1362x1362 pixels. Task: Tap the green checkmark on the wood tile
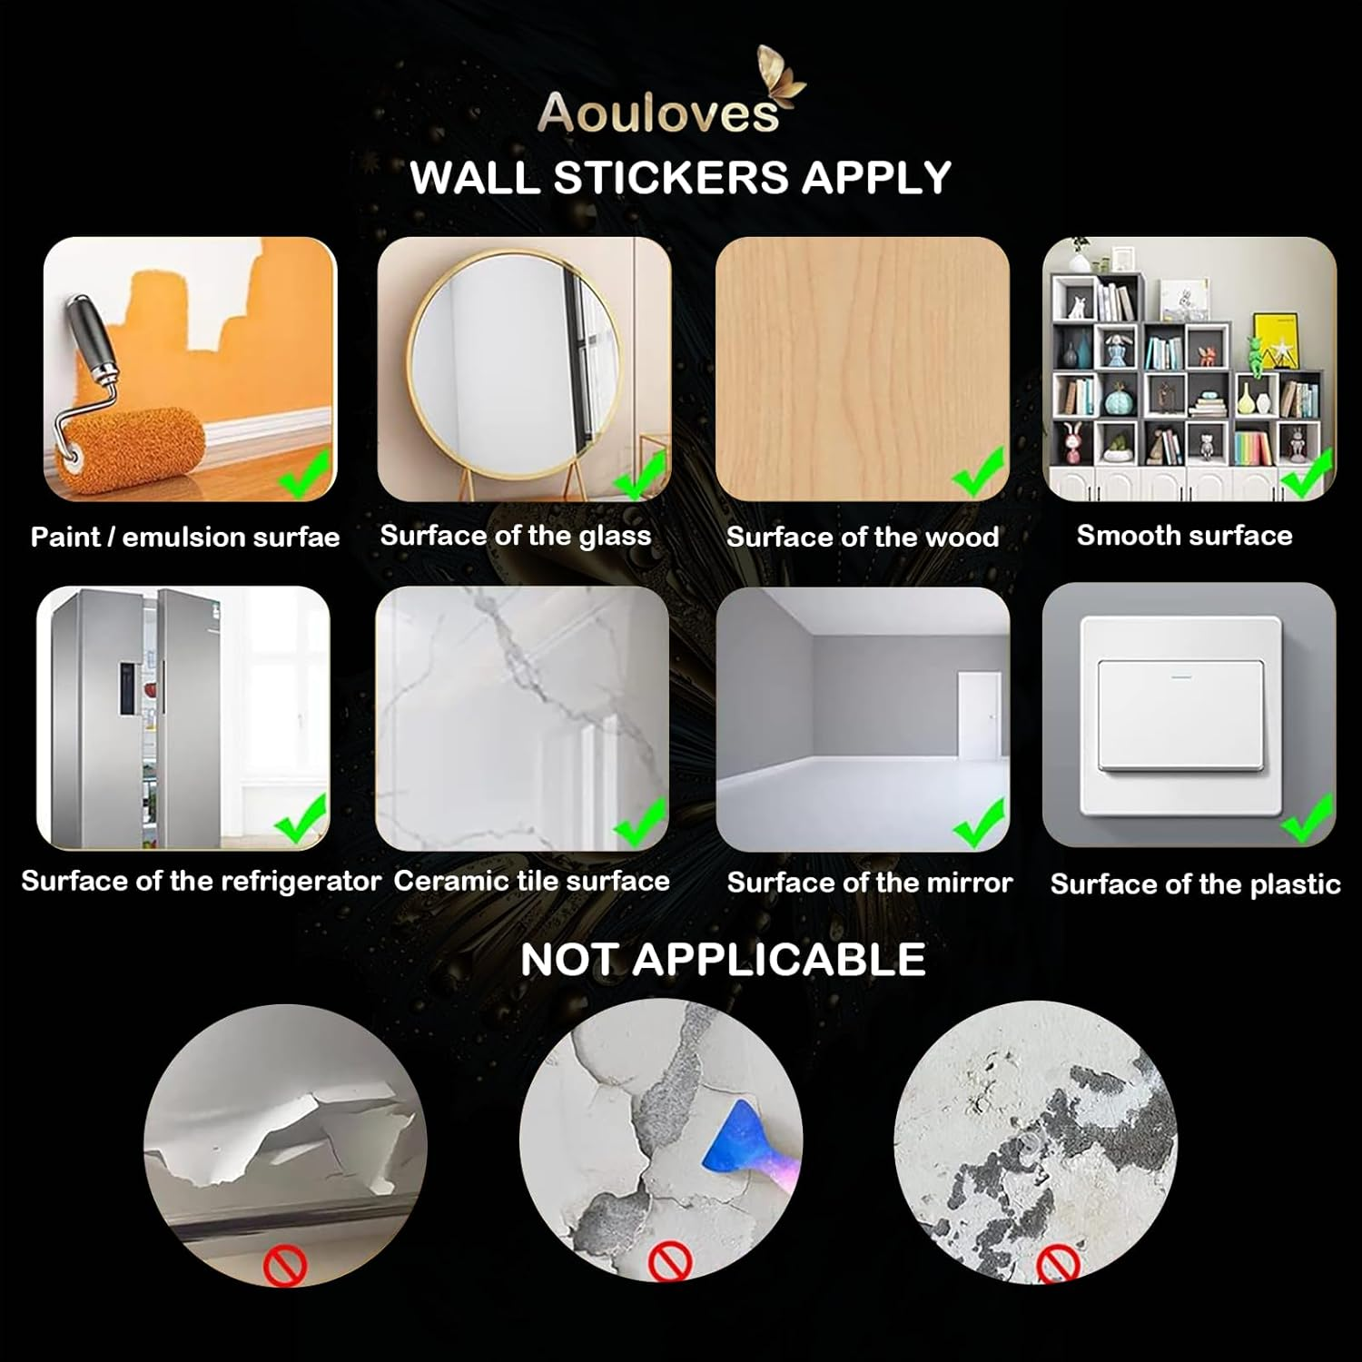[977, 472]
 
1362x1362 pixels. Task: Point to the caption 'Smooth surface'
[1184, 536]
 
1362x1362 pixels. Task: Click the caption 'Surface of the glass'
[516, 536]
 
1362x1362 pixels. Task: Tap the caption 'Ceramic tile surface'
[532, 881]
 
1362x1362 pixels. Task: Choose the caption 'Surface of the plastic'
[1195, 884]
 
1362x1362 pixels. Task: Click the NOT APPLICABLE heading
[723, 960]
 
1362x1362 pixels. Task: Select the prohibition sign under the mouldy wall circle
[1058, 1263]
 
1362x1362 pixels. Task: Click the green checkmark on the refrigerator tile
[301, 817]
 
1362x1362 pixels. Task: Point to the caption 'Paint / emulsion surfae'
[185, 537]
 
